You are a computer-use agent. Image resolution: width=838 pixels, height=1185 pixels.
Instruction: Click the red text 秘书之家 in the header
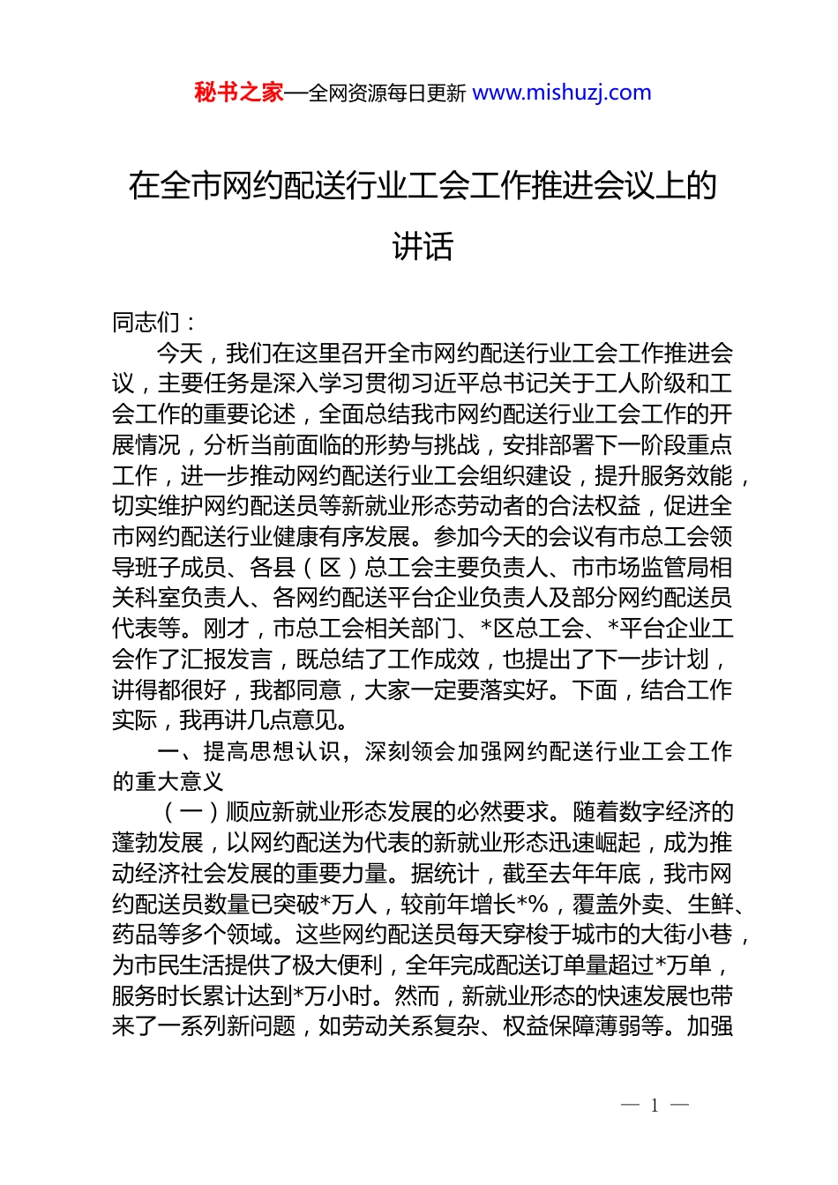pyautogui.click(x=238, y=93)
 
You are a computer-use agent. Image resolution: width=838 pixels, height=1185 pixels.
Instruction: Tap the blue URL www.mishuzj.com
pyautogui.click(x=562, y=93)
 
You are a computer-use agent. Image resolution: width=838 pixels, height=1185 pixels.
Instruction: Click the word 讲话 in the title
pyautogui.click(x=423, y=246)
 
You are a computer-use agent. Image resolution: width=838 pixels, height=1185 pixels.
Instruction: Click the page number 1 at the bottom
pyautogui.click(x=655, y=1105)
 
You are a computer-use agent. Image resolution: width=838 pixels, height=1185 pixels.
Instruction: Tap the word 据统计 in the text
pyautogui.click(x=445, y=874)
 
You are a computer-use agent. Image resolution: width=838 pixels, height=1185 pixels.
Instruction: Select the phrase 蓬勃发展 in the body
pyautogui.click(x=158, y=844)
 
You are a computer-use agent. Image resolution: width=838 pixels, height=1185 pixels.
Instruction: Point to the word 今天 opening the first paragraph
pyautogui.click(x=180, y=354)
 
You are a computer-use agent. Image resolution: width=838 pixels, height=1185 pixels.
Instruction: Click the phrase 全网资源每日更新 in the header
pyautogui.click(x=387, y=93)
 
